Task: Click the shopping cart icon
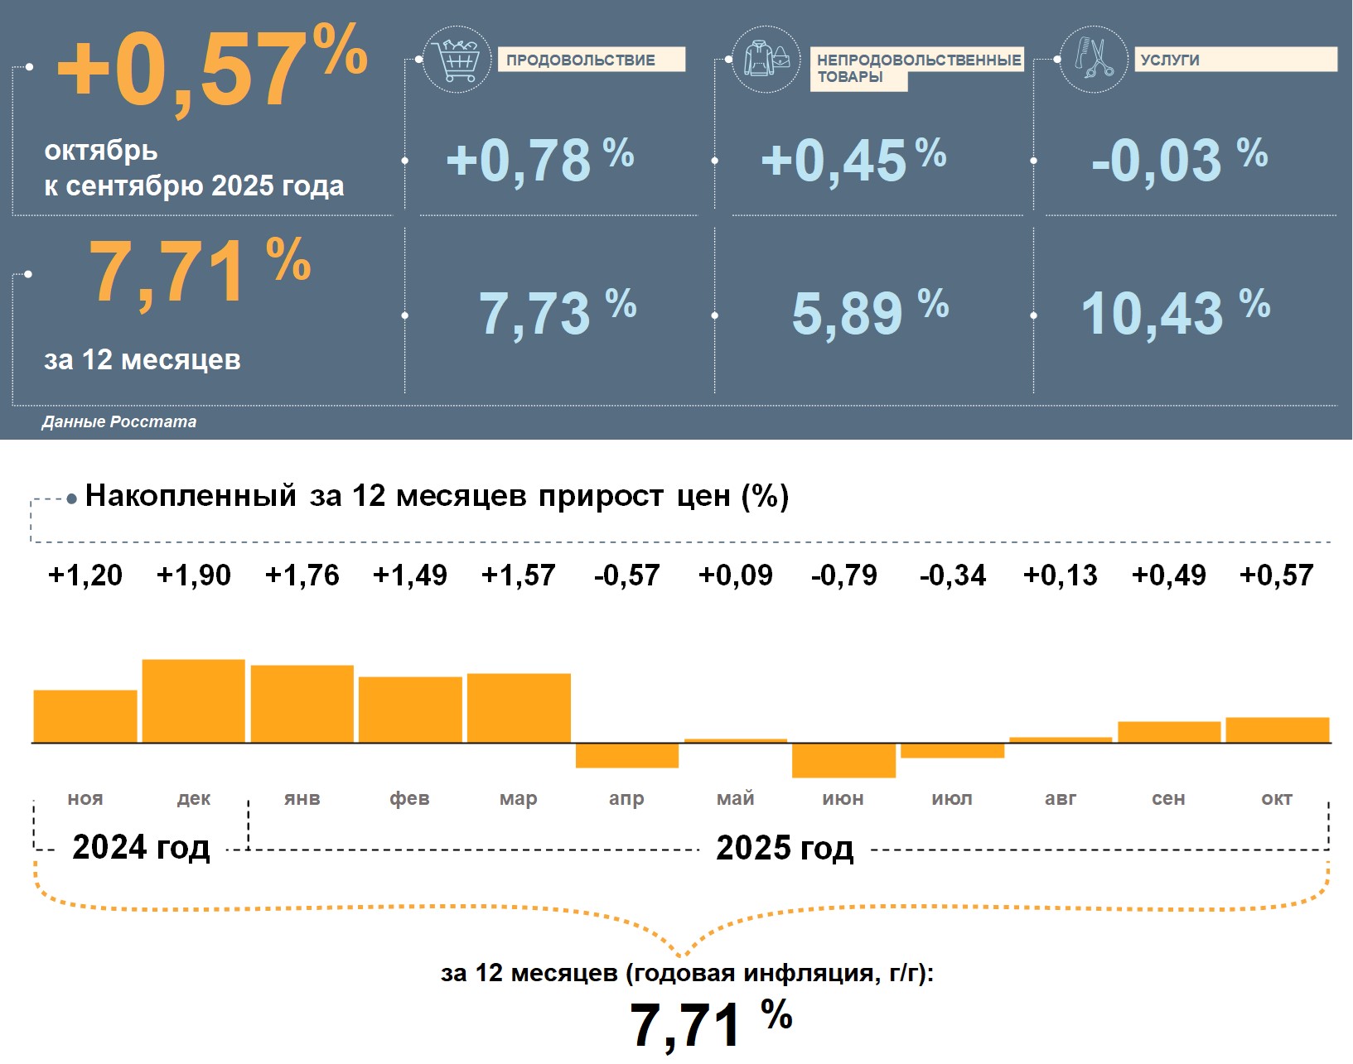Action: [x=456, y=60]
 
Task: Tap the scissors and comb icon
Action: [x=1094, y=60]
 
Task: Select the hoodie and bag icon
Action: [x=766, y=60]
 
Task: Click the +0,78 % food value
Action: [x=539, y=160]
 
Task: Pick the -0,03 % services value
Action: [x=1179, y=160]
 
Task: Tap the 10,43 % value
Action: [x=1175, y=313]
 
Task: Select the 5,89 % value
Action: [x=869, y=313]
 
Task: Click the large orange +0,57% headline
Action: [x=211, y=68]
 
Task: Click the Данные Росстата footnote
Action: [x=119, y=421]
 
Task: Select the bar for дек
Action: [x=194, y=701]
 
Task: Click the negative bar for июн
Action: [x=843, y=760]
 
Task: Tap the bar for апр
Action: [x=627, y=755]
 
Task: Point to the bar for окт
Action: [x=1277, y=729]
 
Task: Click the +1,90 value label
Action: [x=194, y=575]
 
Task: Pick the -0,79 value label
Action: [x=843, y=575]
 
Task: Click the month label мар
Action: [x=519, y=798]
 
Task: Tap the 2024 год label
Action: [x=141, y=847]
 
